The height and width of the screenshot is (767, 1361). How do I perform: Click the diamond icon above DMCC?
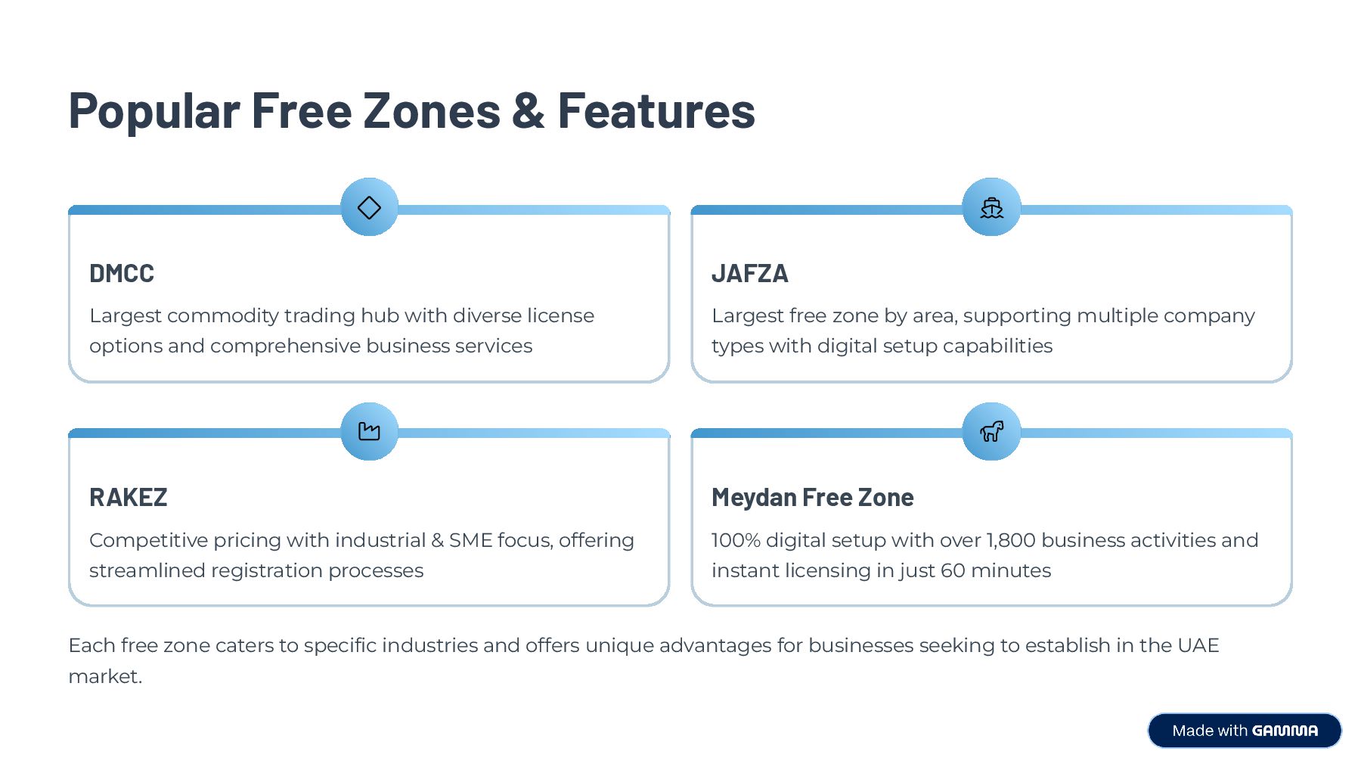click(369, 207)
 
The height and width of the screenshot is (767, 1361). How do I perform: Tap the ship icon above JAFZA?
click(991, 207)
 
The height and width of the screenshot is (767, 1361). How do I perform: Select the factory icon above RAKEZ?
click(369, 431)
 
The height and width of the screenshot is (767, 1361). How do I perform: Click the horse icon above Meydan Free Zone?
click(991, 431)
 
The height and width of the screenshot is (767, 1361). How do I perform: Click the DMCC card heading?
click(122, 273)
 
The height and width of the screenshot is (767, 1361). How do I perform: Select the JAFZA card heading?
click(749, 273)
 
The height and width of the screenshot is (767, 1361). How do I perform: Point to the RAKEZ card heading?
click(128, 497)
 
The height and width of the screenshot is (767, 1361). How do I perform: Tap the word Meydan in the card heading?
click(754, 497)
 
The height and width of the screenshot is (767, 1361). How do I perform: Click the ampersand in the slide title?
click(529, 110)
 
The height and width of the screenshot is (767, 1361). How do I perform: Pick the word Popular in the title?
click(154, 110)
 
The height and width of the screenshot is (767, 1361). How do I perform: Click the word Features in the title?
click(656, 110)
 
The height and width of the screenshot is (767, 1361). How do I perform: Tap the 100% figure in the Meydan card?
click(736, 540)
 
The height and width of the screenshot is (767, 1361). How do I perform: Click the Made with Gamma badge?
click(1245, 731)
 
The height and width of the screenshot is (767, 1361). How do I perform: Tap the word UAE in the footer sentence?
click(1198, 645)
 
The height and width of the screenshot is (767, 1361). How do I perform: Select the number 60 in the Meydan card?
click(953, 570)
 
